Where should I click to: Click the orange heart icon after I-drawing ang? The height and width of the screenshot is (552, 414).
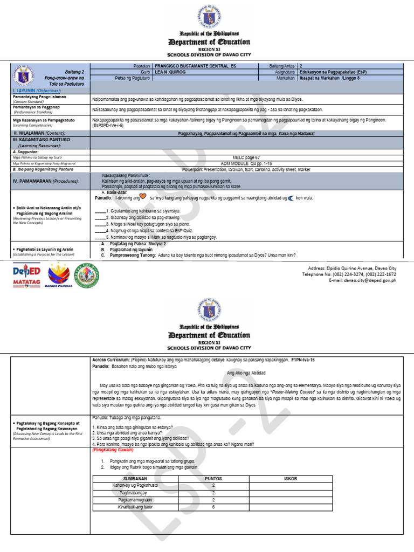(x=143, y=197)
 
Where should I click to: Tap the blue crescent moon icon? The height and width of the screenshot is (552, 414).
(x=291, y=198)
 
